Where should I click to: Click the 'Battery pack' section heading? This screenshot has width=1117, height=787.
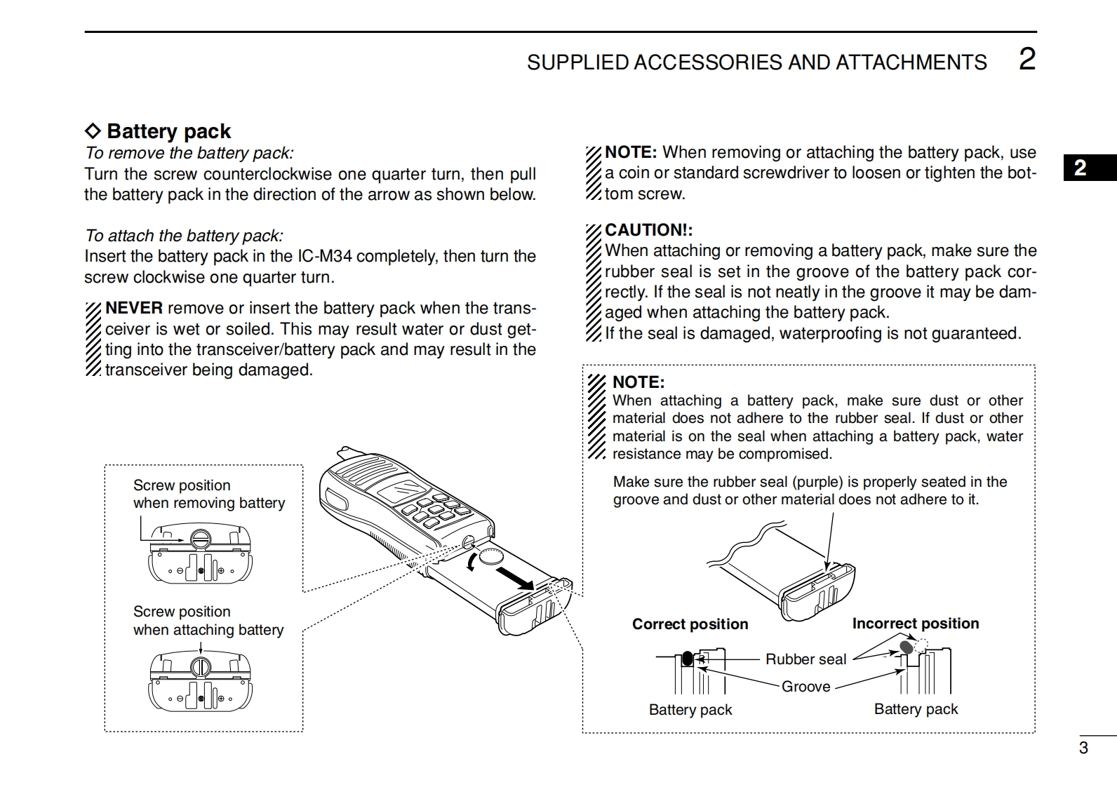point(168,131)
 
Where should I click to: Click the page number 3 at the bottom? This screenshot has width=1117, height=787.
point(1083,748)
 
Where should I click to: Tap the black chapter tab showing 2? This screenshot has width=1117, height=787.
point(1081,168)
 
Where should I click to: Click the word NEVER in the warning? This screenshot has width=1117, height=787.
point(134,308)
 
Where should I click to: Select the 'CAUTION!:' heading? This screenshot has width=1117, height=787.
point(648,230)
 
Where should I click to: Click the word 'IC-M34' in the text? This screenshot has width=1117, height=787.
point(324,256)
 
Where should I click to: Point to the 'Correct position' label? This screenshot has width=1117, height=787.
point(690,624)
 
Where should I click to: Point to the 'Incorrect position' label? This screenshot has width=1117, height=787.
point(915,624)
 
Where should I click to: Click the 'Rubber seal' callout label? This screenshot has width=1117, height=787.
point(805,659)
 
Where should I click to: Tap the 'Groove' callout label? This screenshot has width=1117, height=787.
point(805,687)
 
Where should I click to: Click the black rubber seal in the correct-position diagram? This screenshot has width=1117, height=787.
point(688,659)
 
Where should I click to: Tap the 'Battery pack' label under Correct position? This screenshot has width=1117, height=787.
point(690,710)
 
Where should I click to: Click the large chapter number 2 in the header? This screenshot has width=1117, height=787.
point(1026,60)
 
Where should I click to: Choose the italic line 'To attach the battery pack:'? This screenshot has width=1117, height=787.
point(184,236)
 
